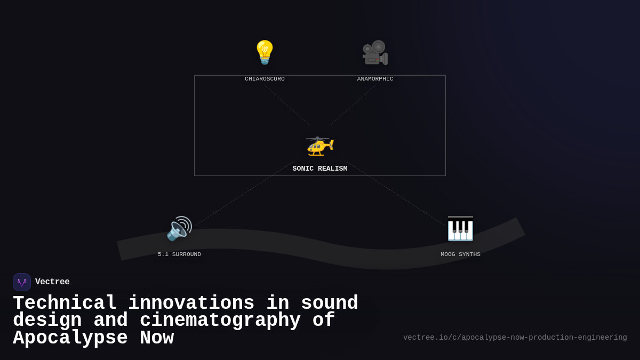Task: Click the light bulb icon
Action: (265, 52)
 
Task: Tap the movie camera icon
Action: (375, 52)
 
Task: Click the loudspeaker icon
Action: (179, 228)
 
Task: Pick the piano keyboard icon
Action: (460, 228)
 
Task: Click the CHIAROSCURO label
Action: (265, 79)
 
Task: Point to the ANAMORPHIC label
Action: (375, 79)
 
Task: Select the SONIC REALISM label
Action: (319, 169)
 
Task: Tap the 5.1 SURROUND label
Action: (179, 254)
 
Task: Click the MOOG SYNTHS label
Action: (460, 254)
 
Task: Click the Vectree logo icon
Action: (22, 282)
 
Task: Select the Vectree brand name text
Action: (52, 282)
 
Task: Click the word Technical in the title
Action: (65, 303)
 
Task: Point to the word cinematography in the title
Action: (220, 321)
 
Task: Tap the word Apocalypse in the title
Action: (70, 338)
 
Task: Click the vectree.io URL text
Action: (515, 338)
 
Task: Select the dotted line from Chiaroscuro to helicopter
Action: (287, 105)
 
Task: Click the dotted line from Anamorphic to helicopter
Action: (353, 105)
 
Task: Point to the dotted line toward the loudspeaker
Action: (243, 194)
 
